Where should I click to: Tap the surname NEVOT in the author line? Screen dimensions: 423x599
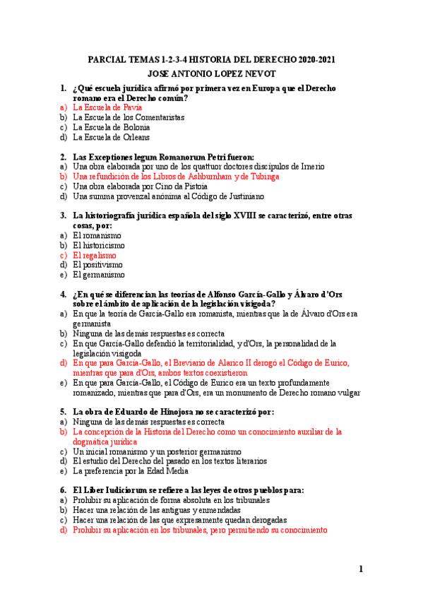pos(256,73)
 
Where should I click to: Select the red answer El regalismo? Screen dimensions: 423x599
pos(95,255)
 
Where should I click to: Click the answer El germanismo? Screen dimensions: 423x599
pos(98,275)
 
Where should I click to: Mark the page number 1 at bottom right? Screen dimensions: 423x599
pos(360,569)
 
